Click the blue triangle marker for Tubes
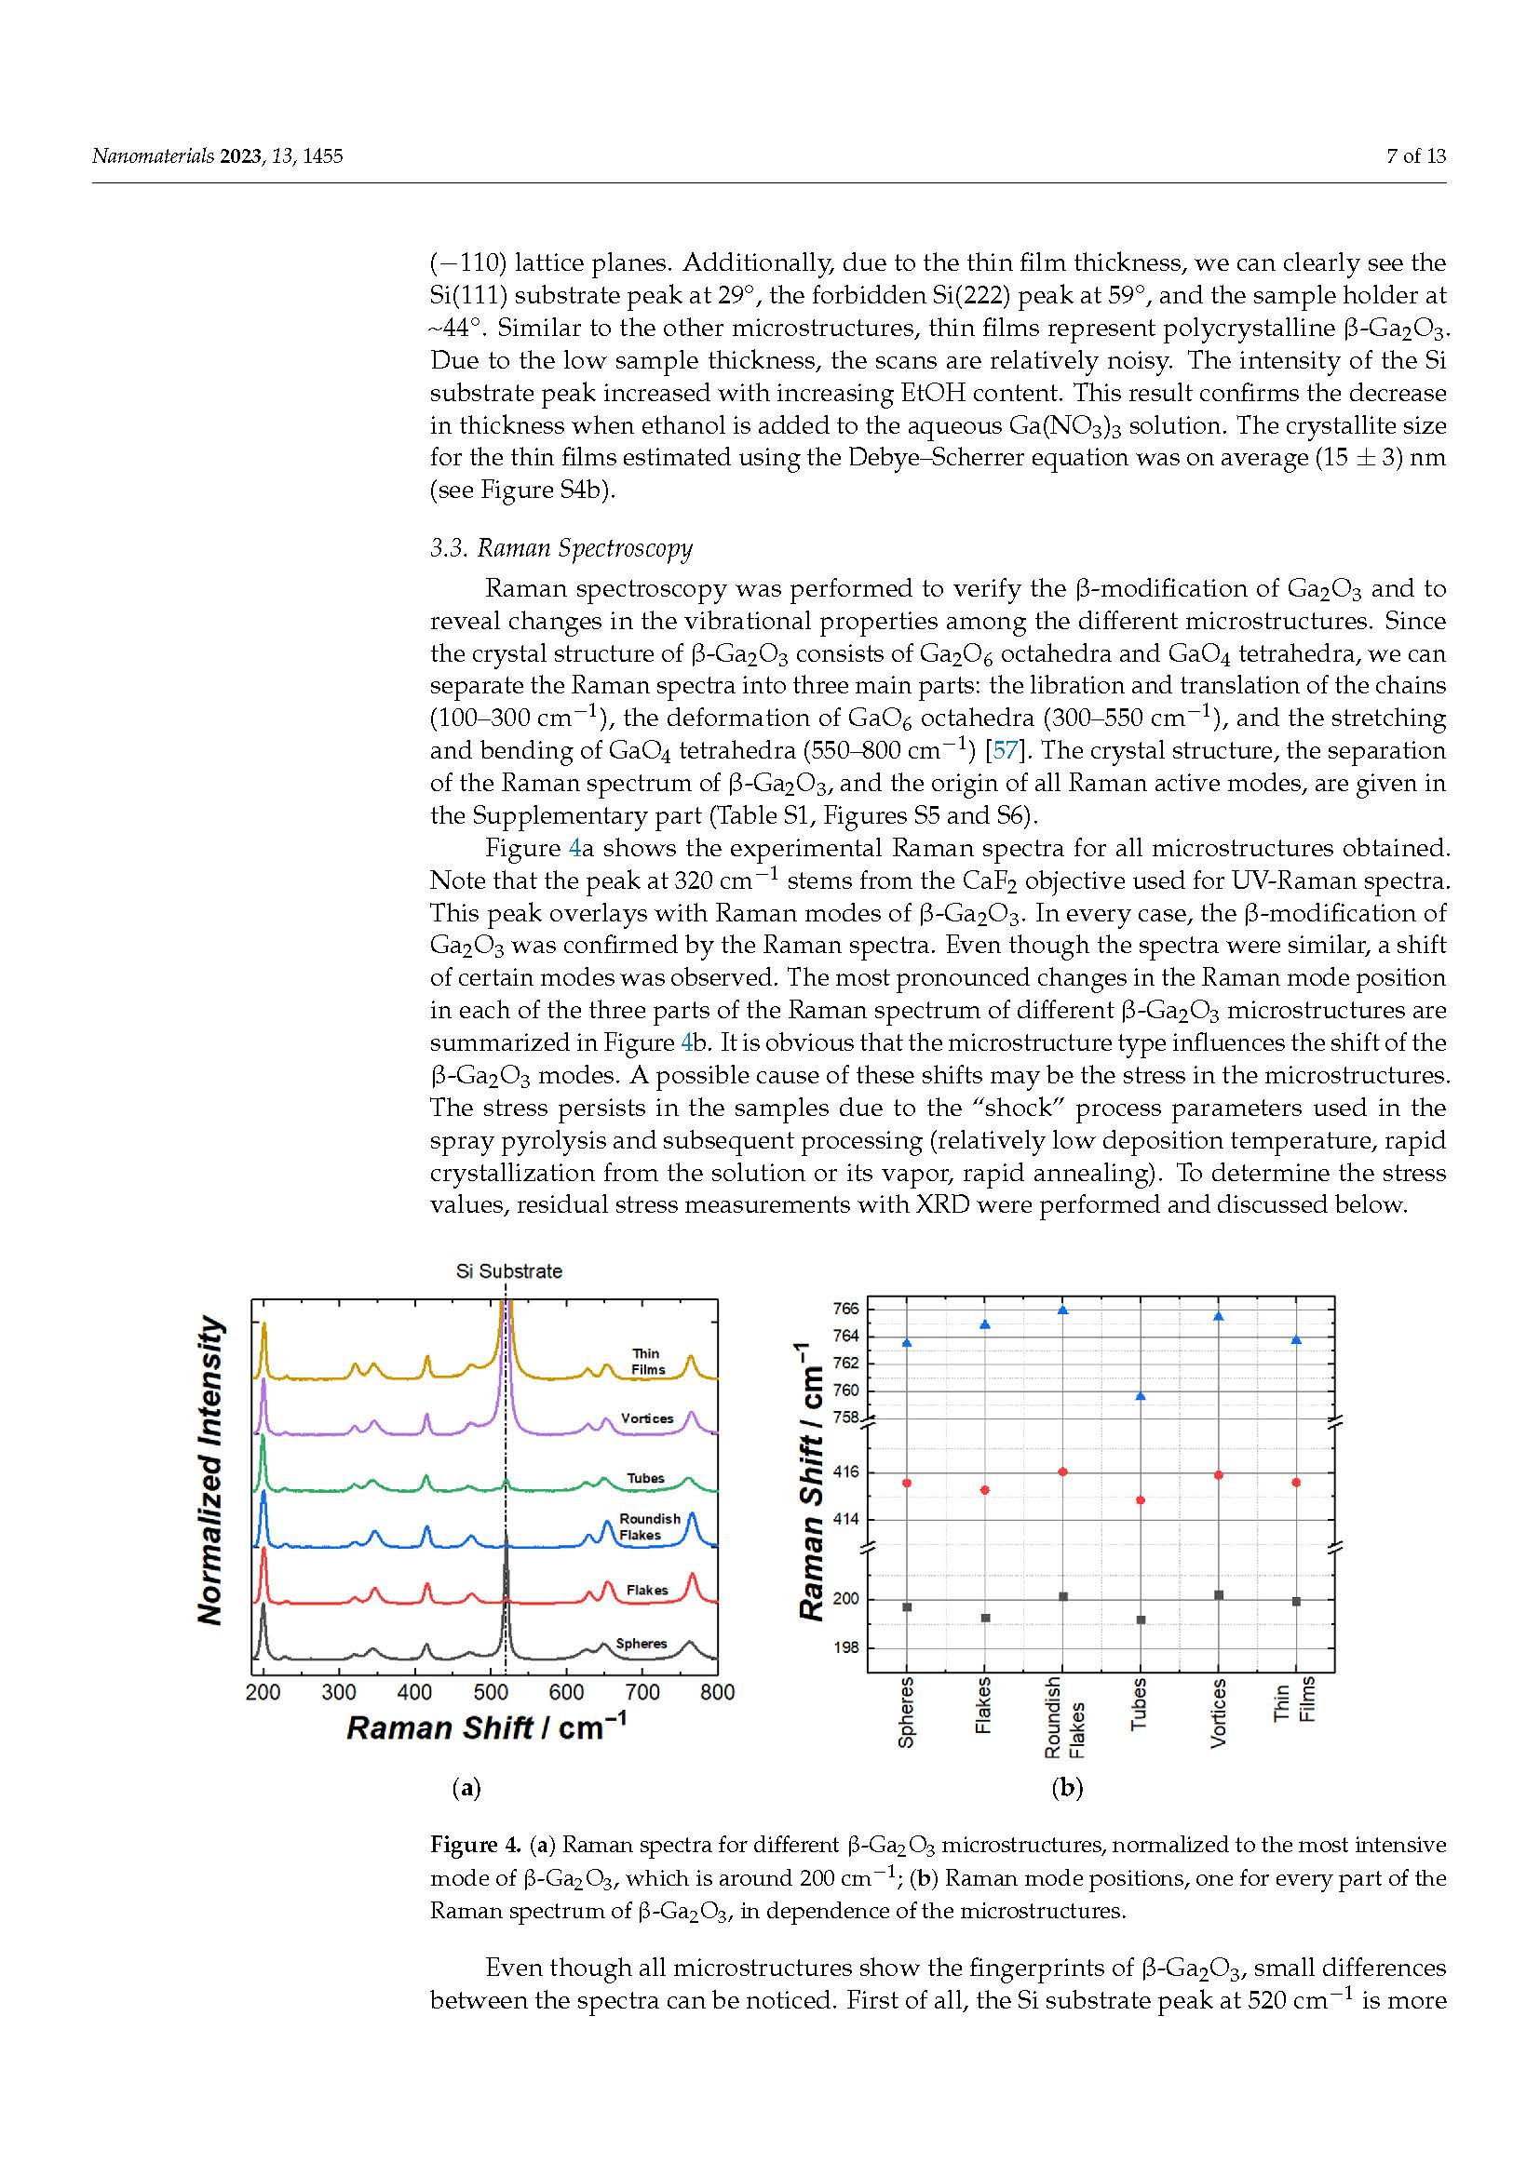(1141, 1396)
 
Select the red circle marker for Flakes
(985, 1489)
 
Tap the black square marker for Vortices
(1219, 1595)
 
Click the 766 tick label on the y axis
(845, 1309)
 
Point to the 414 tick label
(845, 1519)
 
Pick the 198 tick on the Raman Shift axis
(845, 1647)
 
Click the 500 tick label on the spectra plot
(491, 1692)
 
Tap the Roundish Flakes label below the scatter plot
(1064, 1717)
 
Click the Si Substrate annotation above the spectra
(509, 1271)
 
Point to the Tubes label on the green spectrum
(645, 1478)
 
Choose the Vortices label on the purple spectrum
(647, 1418)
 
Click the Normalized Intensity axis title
(211, 1470)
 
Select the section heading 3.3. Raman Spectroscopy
(561, 548)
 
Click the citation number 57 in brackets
(1005, 750)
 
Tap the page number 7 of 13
(1416, 156)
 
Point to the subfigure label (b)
(1067, 1788)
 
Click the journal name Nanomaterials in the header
(153, 156)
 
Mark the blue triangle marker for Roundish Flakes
(1063, 1310)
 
